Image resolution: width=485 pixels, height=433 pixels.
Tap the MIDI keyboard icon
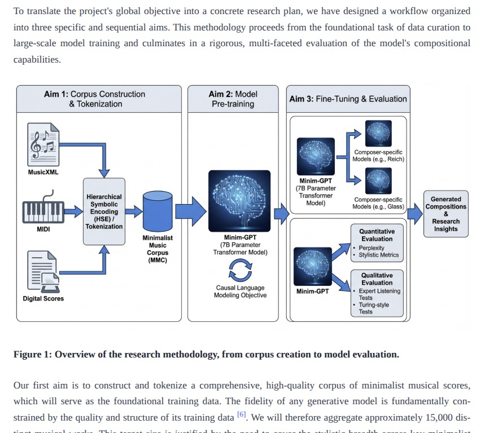coord(43,211)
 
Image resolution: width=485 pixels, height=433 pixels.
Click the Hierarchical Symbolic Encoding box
coord(104,212)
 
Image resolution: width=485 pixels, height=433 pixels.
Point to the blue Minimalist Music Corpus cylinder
coord(158,211)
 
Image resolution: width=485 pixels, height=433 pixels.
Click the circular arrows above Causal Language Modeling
coord(240,272)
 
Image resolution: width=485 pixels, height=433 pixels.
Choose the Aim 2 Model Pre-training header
coord(233,99)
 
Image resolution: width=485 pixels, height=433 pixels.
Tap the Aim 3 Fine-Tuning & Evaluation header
coord(348,99)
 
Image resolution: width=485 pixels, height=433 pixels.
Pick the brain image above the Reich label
coord(378,134)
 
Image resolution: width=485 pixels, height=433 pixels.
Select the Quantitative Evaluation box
coord(377,243)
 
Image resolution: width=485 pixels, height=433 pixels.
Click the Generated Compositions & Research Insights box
coord(445,214)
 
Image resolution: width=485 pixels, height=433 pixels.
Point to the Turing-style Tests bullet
coord(374,308)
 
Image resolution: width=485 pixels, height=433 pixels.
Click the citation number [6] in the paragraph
coord(241,414)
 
